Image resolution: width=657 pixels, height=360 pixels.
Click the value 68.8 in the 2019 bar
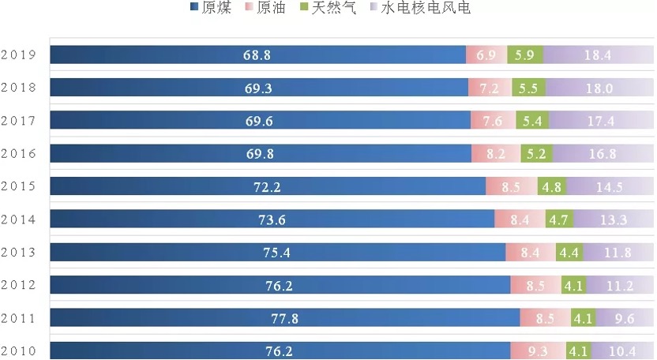click(x=258, y=55)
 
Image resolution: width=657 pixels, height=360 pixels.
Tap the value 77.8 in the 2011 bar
click(x=284, y=318)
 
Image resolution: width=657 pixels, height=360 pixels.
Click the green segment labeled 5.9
click(x=525, y=55)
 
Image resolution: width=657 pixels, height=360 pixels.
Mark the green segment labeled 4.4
click(x=569, y=253)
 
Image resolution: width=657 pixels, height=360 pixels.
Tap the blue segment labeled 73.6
click(x=272, y=219)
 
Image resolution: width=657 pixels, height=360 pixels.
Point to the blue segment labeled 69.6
click(x=260, y=121)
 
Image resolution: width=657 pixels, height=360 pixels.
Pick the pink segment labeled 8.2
click(x=496, y=154)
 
